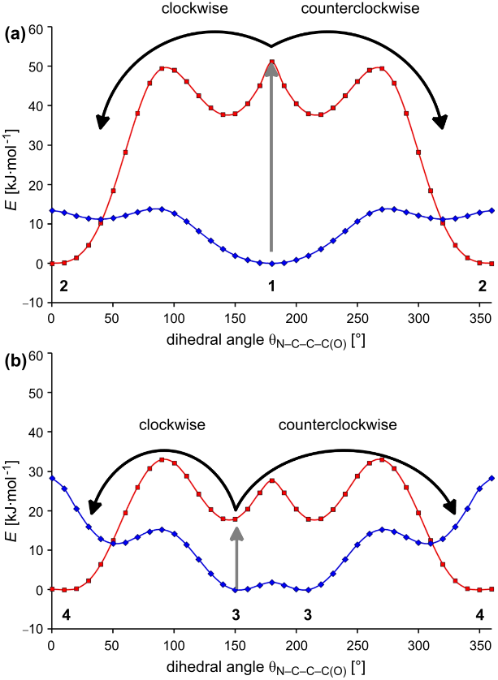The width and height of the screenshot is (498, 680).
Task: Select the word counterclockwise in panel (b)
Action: coord(337,424)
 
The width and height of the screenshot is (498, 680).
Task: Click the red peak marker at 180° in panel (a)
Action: coord(271,62)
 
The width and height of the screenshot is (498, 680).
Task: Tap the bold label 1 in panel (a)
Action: coord(271,286)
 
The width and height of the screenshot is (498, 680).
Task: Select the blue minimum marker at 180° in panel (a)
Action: coord(271,263)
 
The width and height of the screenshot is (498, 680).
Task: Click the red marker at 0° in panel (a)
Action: coord(51,263)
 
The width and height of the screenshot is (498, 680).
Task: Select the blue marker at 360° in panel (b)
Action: coord(492,478)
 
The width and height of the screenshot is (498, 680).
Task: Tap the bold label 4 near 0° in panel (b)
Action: coord(67,614)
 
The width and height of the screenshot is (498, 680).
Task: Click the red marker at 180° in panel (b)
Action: coord(271,480)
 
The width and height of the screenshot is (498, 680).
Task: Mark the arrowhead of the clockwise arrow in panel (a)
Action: coord(102,123)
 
